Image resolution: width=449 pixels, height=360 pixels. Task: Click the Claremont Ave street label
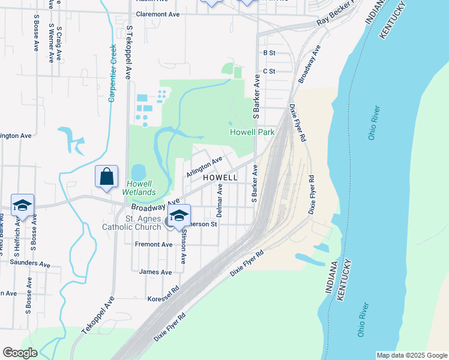[158, 13]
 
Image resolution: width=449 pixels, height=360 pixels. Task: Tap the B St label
[269, 53]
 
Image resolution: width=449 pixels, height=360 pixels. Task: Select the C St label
[269, 71]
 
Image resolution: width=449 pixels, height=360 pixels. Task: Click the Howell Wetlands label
[139, 188]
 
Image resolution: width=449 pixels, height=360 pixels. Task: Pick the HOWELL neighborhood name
[220, 178]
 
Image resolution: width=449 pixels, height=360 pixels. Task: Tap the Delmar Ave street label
[220, 200]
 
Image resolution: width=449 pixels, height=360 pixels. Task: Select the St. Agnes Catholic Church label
[144, 223]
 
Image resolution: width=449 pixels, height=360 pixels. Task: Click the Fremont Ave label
[154, 245]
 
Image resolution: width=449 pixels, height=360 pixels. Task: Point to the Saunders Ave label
[31, 263]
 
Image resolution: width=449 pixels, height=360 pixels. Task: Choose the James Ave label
[155, 272]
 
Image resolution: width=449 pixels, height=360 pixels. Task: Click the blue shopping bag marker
[106, 178]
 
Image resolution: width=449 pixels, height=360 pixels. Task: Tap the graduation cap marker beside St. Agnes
[179, 215]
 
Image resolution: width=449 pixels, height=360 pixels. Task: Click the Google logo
[20, 353]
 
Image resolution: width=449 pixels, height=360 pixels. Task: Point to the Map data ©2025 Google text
[411, 355]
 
